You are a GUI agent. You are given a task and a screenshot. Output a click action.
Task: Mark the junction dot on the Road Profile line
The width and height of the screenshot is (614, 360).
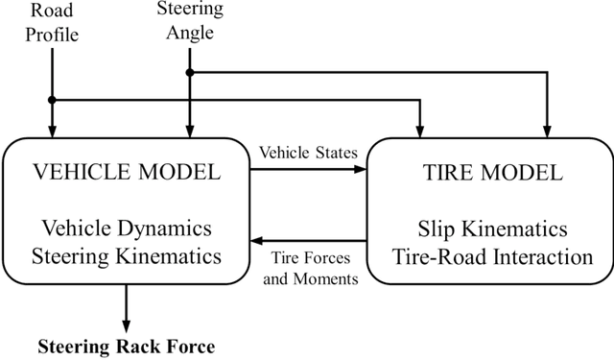coord(53,100)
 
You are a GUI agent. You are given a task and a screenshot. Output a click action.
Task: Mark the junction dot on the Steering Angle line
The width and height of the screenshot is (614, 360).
coord(190,72)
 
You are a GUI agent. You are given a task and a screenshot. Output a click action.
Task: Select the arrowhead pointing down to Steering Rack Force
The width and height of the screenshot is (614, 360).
coord(125,324)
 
